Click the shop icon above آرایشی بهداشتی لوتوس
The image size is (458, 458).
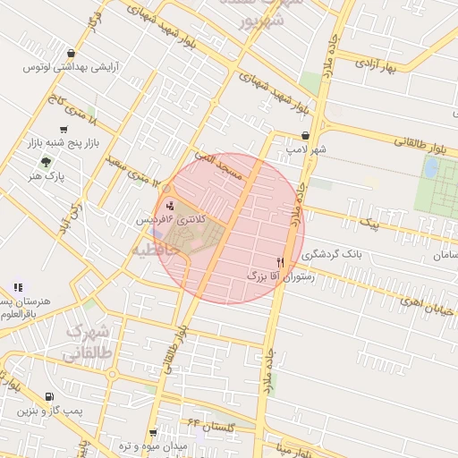click(x=71, y=54)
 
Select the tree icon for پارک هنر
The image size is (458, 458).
click(x=46, y=161)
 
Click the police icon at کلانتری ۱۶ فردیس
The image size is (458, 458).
click(x=171, y=205)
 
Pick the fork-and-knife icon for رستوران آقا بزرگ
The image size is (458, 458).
click(x=281, y=262)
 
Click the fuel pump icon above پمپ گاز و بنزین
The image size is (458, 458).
click(x=47, y=396)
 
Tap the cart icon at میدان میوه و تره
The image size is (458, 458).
click(x=153, y=432)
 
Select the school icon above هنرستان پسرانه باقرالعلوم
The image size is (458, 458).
click(x=17, y=287)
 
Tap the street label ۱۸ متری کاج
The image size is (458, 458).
click(x=73, y=111)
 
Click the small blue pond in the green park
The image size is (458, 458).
click(x=430, y=167)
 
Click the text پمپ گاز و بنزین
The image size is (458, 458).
click(x=49, y=411)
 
